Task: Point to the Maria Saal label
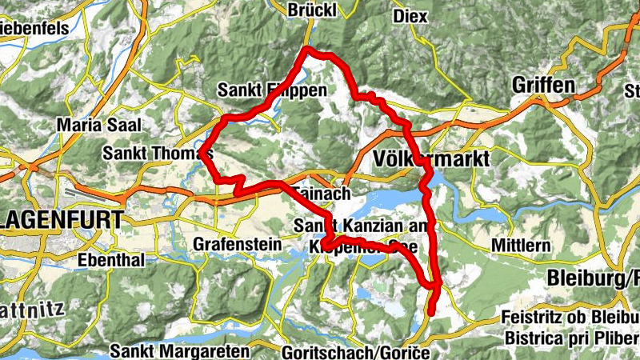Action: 99,125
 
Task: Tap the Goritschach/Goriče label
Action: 356,352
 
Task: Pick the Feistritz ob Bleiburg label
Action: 570,317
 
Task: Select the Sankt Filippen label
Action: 272,90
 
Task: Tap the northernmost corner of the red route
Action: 306,50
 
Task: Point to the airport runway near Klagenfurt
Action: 85,192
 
